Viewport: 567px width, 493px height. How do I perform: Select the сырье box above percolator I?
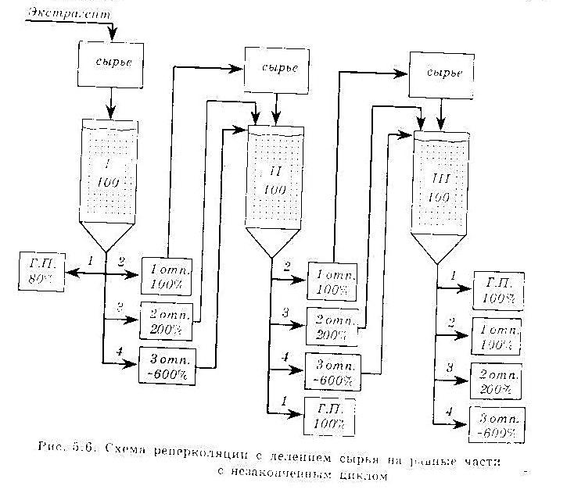[110, 60]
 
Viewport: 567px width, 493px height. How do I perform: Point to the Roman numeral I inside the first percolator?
[109, 166]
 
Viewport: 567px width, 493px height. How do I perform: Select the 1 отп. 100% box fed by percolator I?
[167, 273]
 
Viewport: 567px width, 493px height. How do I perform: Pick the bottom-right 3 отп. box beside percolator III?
[495, 423]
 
